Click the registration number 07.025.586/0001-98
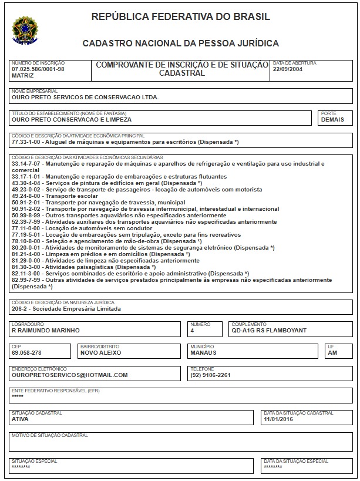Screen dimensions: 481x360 pyautogui.click(x=38, y=69)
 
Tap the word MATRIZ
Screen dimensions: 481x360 pyautogui.click(x=22, y=75)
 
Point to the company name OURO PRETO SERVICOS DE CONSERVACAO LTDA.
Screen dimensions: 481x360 pyautogui.click(x=85, y=97)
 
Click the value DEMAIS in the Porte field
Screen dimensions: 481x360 pyautogui.click(x=332, y=119)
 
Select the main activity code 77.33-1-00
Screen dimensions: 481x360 pyautogui.click(x=27, y=143)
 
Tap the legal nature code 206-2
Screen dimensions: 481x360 pyautogui.click(x=20, y=308)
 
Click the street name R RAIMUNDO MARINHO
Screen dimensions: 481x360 pyautogui.click(x=45, y=331)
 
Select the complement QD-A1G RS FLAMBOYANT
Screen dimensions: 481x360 pyautogui.click(x=269, y=331)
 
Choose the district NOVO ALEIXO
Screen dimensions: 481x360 pyautogui.click(x=100, y=353)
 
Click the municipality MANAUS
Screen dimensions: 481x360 pyautogui.click(x=203, y=353)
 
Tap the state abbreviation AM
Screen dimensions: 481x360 pyautogui.click(x=332, y=353)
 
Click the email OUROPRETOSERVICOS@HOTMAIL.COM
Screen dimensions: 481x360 pyautogui.click(x=69, y=375)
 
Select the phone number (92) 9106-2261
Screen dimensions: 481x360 pyautogui.click(x=210, y=375)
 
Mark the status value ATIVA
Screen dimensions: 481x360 pyautogui.click(x=21, y=419)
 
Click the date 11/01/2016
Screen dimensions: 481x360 pyautogui.click(x=278, y=419)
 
